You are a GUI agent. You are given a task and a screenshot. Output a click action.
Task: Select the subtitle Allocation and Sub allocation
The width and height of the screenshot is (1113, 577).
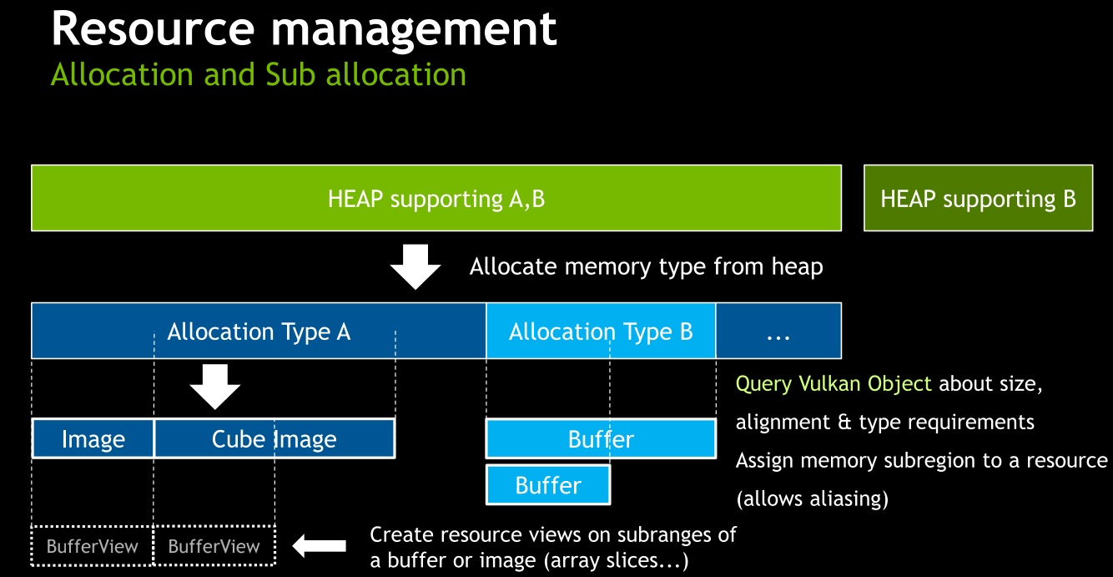coord(259,74)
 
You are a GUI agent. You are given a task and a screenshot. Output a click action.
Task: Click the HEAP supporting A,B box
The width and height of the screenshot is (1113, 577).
coord(436,198)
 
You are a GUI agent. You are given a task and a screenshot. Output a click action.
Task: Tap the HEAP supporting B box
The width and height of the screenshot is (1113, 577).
coord(978,198)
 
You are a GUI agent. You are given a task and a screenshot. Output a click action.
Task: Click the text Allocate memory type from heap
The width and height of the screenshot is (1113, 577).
coord(646,267)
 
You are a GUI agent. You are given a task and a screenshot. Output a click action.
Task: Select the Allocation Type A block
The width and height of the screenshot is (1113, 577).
coord(259,332)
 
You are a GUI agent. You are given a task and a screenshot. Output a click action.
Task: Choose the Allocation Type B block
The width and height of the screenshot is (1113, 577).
coord(601,332)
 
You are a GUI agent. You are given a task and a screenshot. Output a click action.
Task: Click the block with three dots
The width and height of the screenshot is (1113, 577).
coord(778,332)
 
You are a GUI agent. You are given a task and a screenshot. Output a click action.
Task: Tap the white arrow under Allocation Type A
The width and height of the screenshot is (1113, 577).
coord(215,387)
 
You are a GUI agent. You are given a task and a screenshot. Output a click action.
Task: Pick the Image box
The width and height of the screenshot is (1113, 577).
coord(93,439)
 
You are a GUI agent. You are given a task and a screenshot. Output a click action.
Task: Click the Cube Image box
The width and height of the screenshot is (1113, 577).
coord(274,439)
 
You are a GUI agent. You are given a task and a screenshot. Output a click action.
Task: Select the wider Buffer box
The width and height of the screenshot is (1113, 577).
coord(601,439)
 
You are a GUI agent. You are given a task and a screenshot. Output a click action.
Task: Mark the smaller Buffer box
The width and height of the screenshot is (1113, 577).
coord(548,485)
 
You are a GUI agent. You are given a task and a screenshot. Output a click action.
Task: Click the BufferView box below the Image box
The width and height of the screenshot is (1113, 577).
coord(93,547)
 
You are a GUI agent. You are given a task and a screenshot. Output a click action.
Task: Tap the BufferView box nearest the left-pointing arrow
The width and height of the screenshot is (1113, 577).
coord(214,547)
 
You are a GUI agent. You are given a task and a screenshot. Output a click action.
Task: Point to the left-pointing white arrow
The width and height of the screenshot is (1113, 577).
coord(320,546)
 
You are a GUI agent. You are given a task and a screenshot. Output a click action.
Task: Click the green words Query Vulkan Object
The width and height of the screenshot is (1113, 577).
coord(833,384)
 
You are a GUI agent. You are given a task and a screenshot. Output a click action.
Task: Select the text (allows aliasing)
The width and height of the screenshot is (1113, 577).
coord(812,499)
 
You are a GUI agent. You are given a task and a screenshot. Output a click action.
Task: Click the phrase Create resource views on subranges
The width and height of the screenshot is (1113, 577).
coord(552,534)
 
